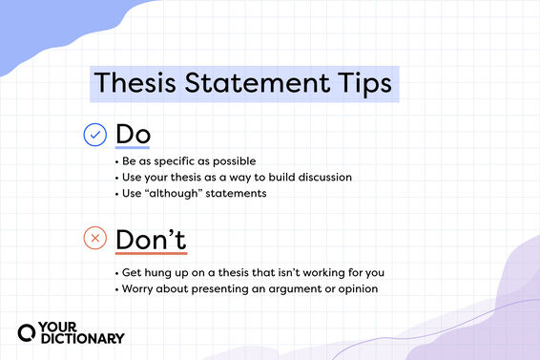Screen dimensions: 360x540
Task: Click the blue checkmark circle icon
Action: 95,136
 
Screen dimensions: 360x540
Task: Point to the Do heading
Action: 133,135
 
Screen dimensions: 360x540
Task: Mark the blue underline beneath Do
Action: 133,149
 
